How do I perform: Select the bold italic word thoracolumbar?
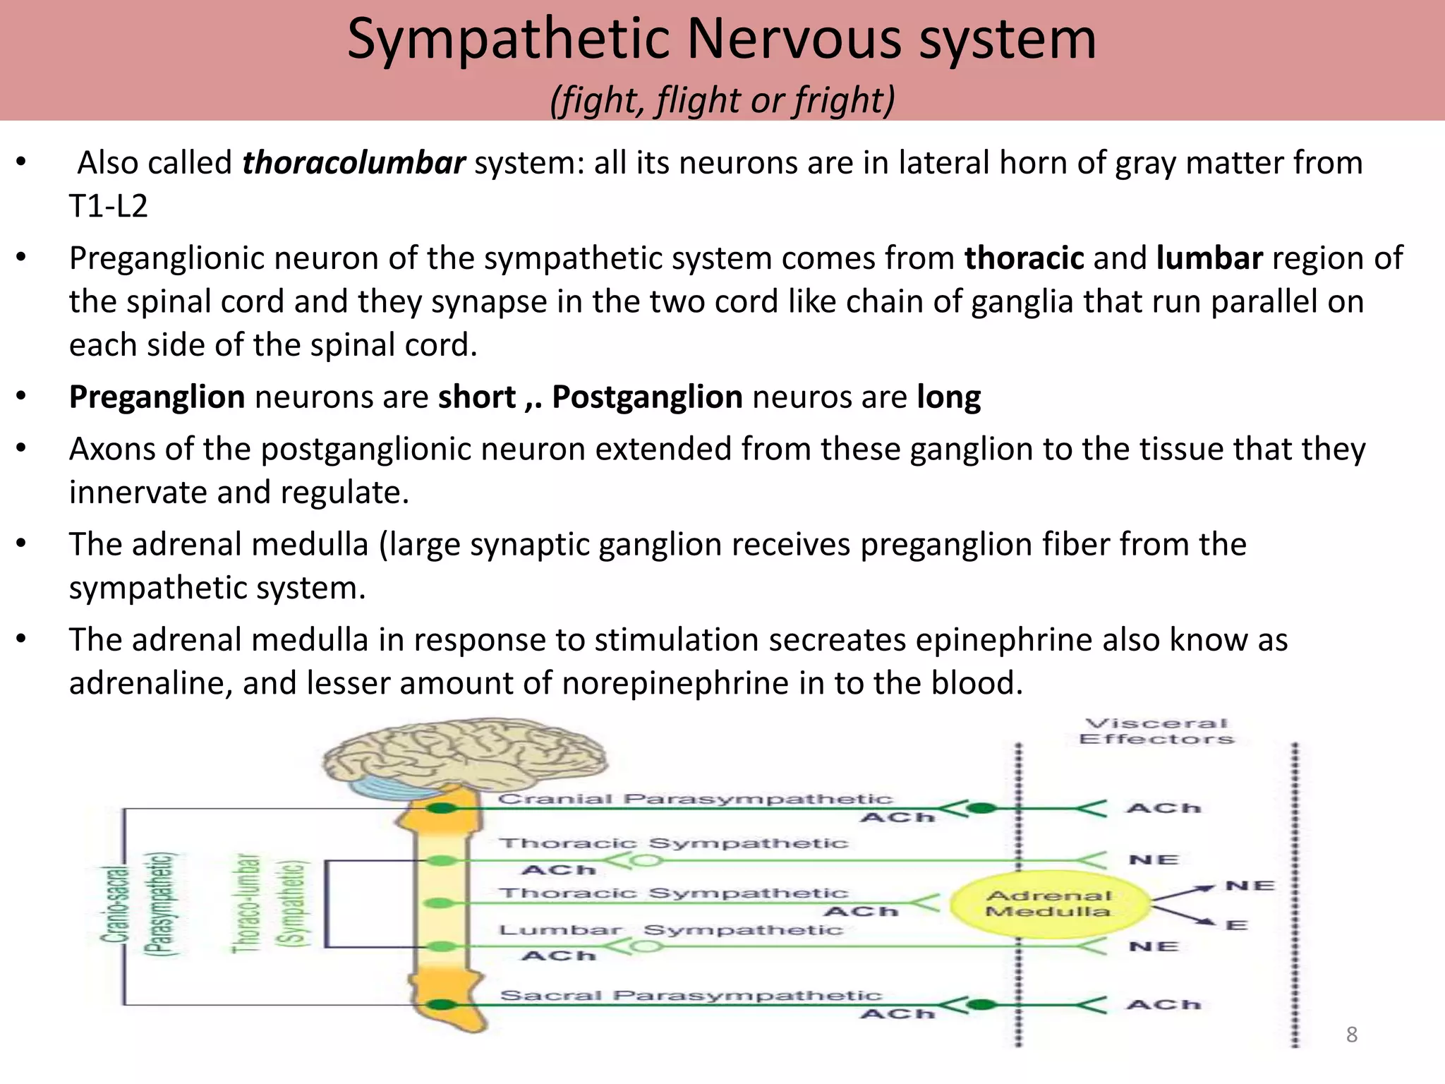(x=353, y=163)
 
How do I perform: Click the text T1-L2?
(x=109, y=206)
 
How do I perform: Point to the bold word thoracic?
(x=1024, y=258)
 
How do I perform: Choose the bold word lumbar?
(x=1209, y=258)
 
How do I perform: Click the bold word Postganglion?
(x=647, y=397)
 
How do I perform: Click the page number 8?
(x=1351, y=1035)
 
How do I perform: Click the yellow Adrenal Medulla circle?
(x=1048, y=904)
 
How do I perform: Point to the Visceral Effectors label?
(x=1156, y=731)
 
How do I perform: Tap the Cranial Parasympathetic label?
(x=695, y=799)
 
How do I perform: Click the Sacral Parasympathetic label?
(x=691, y=995)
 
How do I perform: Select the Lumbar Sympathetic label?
(x=670, y=930)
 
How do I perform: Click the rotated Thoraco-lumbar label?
(x=246, y=903)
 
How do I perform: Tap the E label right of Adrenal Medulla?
(x=1236, y=925)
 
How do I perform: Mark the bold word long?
(x=948, y=397)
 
